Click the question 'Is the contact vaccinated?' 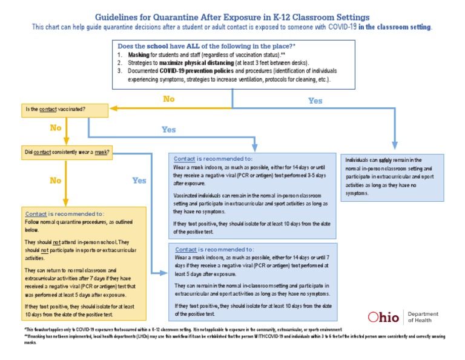coord(54,109)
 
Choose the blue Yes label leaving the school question coord(315,101)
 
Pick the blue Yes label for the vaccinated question coord(169,129)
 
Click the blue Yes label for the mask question coord(139,180)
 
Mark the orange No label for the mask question coord(55,180)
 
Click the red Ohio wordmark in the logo coord(384,317)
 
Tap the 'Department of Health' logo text coord(423,317)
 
